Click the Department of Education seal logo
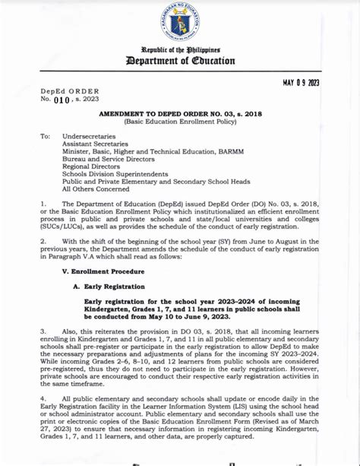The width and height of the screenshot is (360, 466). [x=180, y=24]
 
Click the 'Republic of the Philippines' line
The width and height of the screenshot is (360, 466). [x=180, y=49]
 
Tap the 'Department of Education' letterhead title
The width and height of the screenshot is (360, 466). [x=180, y=61]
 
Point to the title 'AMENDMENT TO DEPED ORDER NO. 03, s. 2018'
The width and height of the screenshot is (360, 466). [x=181, y=112]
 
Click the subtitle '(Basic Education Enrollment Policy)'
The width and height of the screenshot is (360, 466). [x=181, y=120]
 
